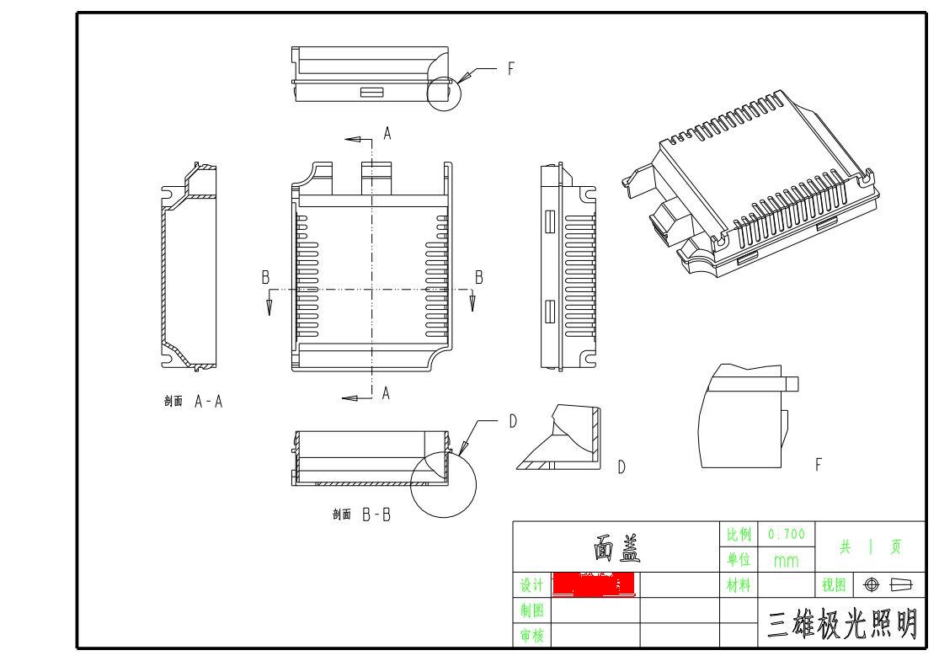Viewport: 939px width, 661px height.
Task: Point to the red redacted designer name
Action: (x=592, y=584)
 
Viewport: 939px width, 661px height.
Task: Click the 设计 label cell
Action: (x=531, y=584)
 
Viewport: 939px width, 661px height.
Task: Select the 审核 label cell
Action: (x=531, y=637)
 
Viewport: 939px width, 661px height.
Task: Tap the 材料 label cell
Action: (x=739, y=584)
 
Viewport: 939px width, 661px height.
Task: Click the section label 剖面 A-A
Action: (x=194, y=402)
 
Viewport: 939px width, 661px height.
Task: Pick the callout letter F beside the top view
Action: (x=510, y=70)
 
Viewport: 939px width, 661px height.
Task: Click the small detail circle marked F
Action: (x=445, y=92)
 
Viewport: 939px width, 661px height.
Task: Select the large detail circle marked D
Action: (x=443, y=483)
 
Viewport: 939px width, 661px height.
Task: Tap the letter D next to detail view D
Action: (x=622, y=466)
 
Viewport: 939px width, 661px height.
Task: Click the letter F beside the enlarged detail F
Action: (x=819, y=464)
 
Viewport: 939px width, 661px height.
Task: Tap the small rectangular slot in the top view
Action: (x=371, y=92)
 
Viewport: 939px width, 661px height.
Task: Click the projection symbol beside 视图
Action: (x=884, y=584)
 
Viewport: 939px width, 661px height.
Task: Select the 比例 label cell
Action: (x=739, y=534)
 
